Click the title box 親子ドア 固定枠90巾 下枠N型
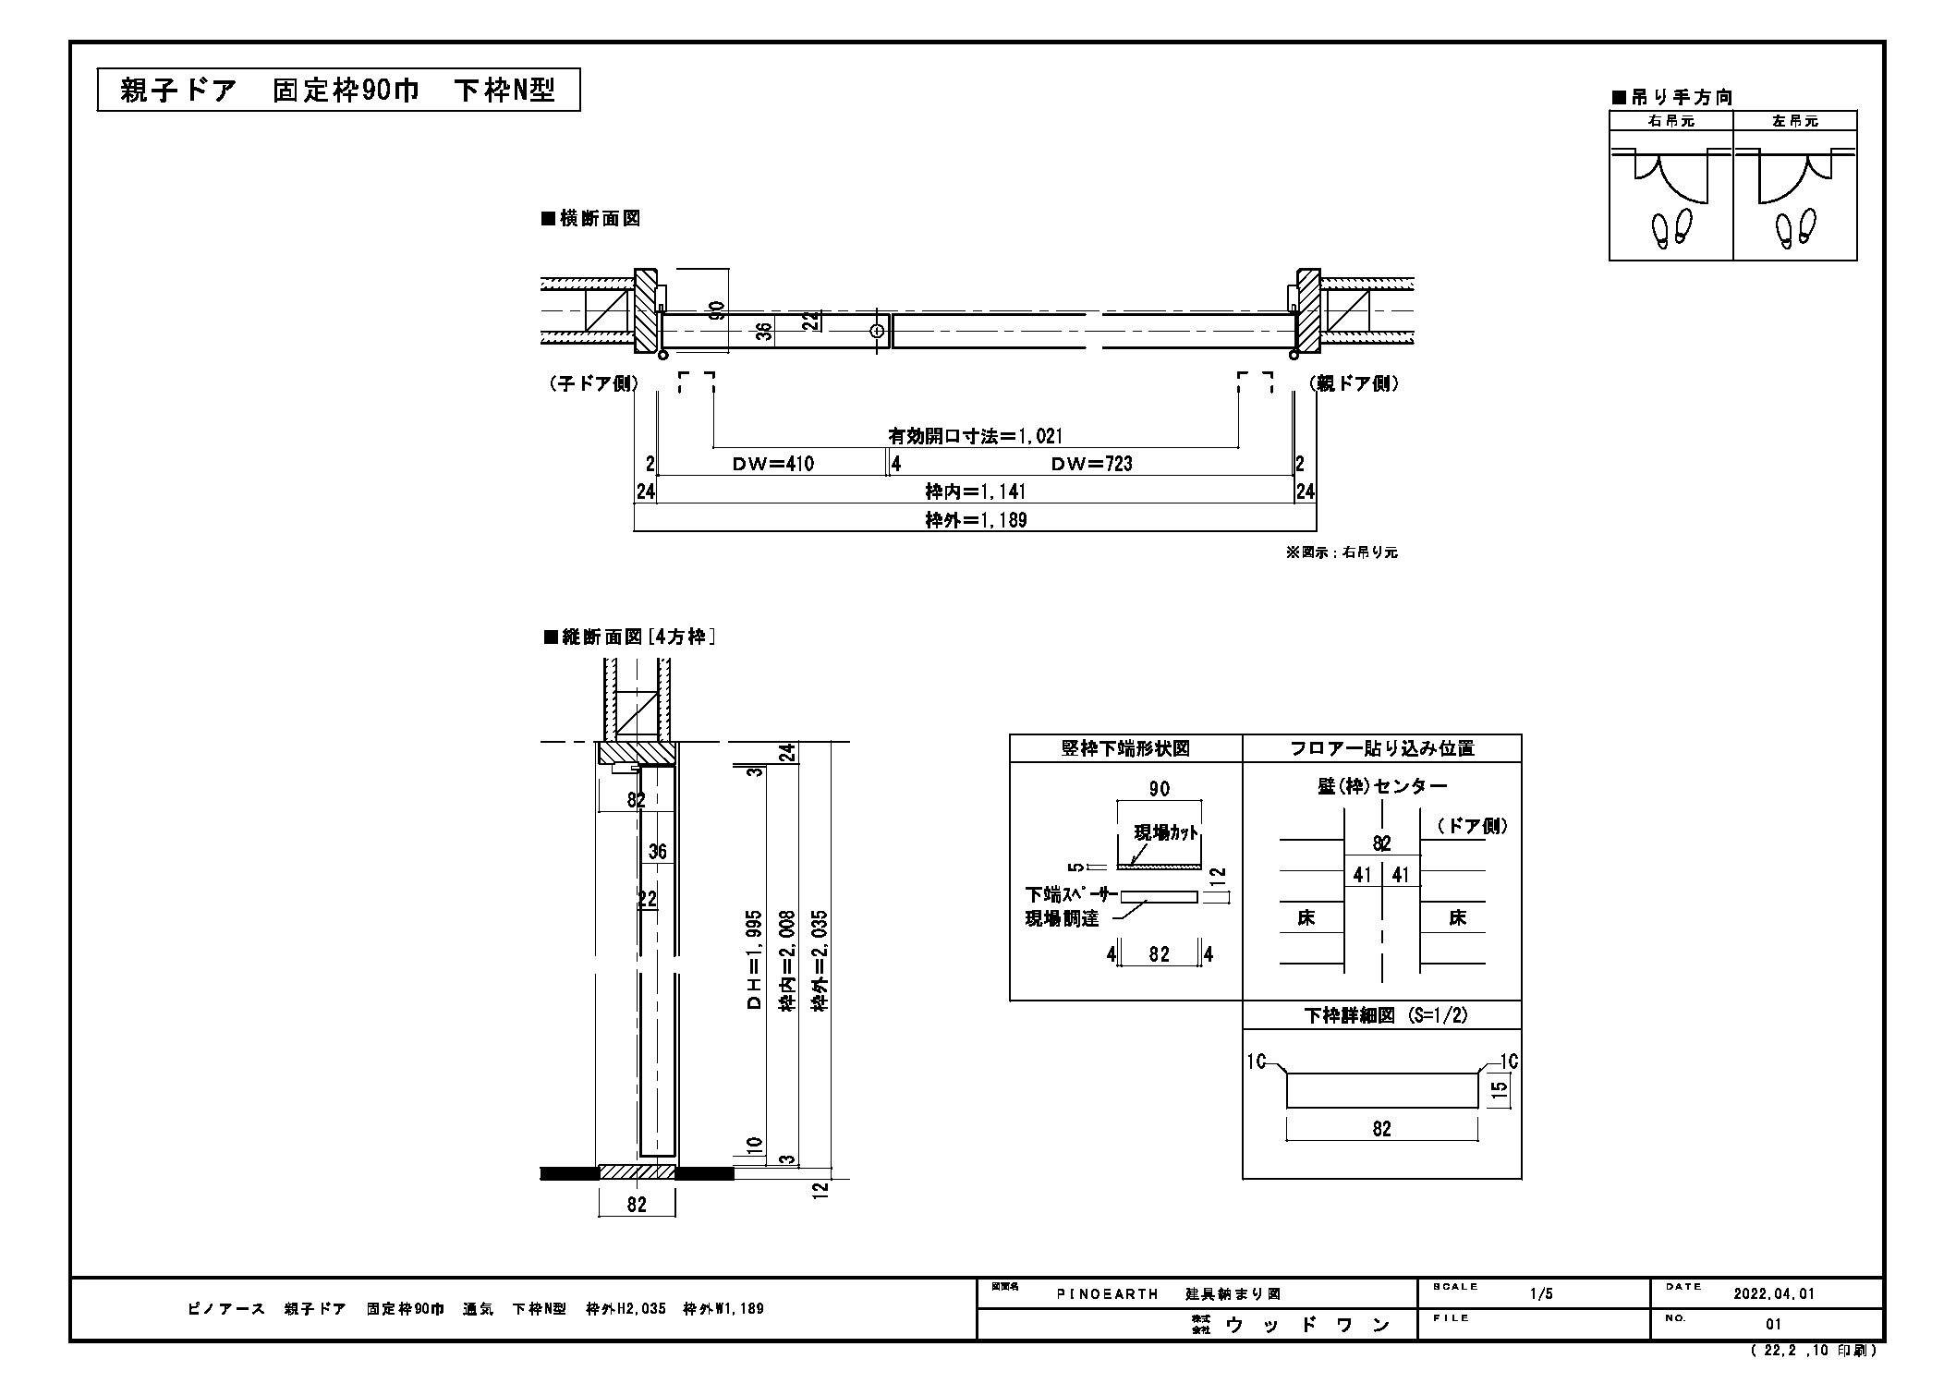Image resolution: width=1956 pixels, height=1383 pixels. tap(338, 90)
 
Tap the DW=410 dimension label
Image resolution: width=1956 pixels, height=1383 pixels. tap(773, 464)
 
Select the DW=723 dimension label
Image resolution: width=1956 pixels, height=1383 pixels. tap(1091, 464)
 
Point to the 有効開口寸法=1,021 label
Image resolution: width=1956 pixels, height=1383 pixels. tap(976, 436)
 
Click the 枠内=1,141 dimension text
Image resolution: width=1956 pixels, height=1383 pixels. tap(976, 491)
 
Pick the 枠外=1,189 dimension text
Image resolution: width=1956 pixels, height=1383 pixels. tap(976, 520)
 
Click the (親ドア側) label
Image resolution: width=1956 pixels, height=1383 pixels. tap(1354, 383)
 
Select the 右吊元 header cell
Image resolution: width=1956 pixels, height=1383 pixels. tap(1670, 121)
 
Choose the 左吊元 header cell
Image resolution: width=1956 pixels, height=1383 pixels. tap(1794, 121)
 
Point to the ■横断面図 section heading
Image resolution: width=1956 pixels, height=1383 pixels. tap(591, 219)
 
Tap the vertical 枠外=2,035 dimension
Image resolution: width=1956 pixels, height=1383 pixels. tap(819, 961)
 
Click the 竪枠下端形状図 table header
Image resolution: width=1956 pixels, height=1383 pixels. tap(1125, 748)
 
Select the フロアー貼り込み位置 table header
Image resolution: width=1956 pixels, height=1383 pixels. tap(1382, 748)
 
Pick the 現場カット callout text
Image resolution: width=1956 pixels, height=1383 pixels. tap(1166, 832)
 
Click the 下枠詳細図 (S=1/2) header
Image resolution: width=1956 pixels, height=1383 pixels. tap(1382, 1015)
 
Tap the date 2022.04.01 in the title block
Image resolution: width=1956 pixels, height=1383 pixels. tap(1775, 1294)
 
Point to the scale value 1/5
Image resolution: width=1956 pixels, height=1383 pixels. tap(1541, 1294)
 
